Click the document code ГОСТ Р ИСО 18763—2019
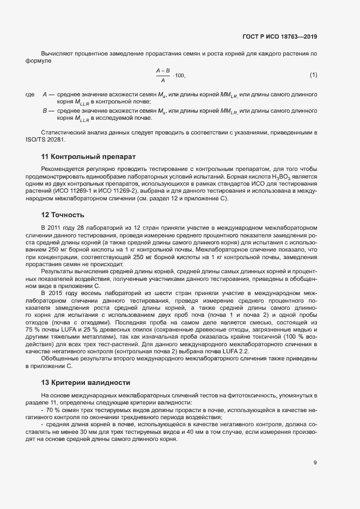(x=280, y=37)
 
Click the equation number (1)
(x=313, y=75)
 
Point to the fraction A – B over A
(x=163, y=75)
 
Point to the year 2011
(x=56, y=226)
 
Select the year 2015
(x=56, y=293)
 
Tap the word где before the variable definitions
(x=30, y=95)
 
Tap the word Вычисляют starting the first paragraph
(x=56, y=54)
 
